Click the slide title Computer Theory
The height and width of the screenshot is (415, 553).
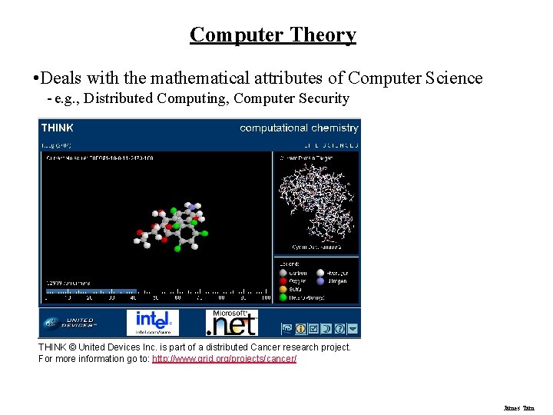click(273, 35)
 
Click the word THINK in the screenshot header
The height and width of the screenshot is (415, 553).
click(58, 128)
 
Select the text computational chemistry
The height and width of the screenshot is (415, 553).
click(299, 128)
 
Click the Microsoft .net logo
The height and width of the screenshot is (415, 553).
click(231, 323)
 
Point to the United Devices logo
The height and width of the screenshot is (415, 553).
click(70, 323)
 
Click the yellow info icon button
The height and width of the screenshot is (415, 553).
click(300, 328)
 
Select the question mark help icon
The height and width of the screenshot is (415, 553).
click(339, 328)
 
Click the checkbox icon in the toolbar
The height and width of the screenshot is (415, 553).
click(313, 328)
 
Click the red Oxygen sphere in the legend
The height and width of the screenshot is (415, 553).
click(283, 281)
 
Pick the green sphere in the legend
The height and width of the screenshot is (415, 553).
click(283, 297)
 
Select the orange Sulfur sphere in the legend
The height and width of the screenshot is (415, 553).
click(283, 289)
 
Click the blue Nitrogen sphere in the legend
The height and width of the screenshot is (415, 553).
click(321, 281)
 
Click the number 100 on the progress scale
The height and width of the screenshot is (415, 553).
click(265, 297)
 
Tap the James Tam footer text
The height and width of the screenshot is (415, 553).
click(518, 408)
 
